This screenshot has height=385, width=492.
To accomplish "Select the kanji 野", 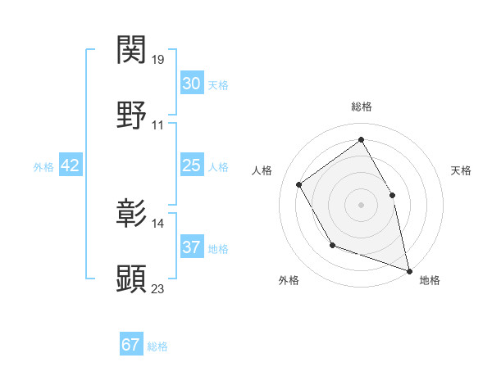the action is (x=132, y=115).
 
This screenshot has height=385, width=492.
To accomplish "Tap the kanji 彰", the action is (x=132, y=214).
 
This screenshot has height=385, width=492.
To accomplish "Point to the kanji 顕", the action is (x=132, y=279).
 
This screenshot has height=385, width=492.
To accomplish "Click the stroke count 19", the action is (x=159, y=60).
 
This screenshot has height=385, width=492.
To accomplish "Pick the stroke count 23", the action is (x=159, y=288).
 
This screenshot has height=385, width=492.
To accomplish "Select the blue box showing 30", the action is (x=191, y=84).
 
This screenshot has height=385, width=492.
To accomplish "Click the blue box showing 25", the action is (x=191, y=165).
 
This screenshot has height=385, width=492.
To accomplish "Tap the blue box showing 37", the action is (x=191, y=247).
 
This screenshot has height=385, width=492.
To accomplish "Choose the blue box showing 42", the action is (x=71, y=165).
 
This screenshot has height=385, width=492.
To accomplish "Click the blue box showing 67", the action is (x=130, y=345).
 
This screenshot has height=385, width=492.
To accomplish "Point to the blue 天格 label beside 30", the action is (x=218, y=85).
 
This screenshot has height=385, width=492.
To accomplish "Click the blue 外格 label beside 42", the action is (x=43, y=167).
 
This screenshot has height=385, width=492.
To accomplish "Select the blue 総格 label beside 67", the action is (x=157, y=346).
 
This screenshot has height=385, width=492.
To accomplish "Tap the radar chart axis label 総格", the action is (x=361, y=107).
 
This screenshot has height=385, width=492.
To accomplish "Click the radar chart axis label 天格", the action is (x=462, y=170).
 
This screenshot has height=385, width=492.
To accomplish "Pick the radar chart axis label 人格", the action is (x=262, y=170).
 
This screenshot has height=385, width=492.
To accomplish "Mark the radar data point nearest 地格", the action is (x=409, y=269).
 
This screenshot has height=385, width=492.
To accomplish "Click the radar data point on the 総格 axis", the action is (x=361, y=140).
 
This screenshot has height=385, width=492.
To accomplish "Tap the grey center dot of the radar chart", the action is (x=361, y=203).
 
